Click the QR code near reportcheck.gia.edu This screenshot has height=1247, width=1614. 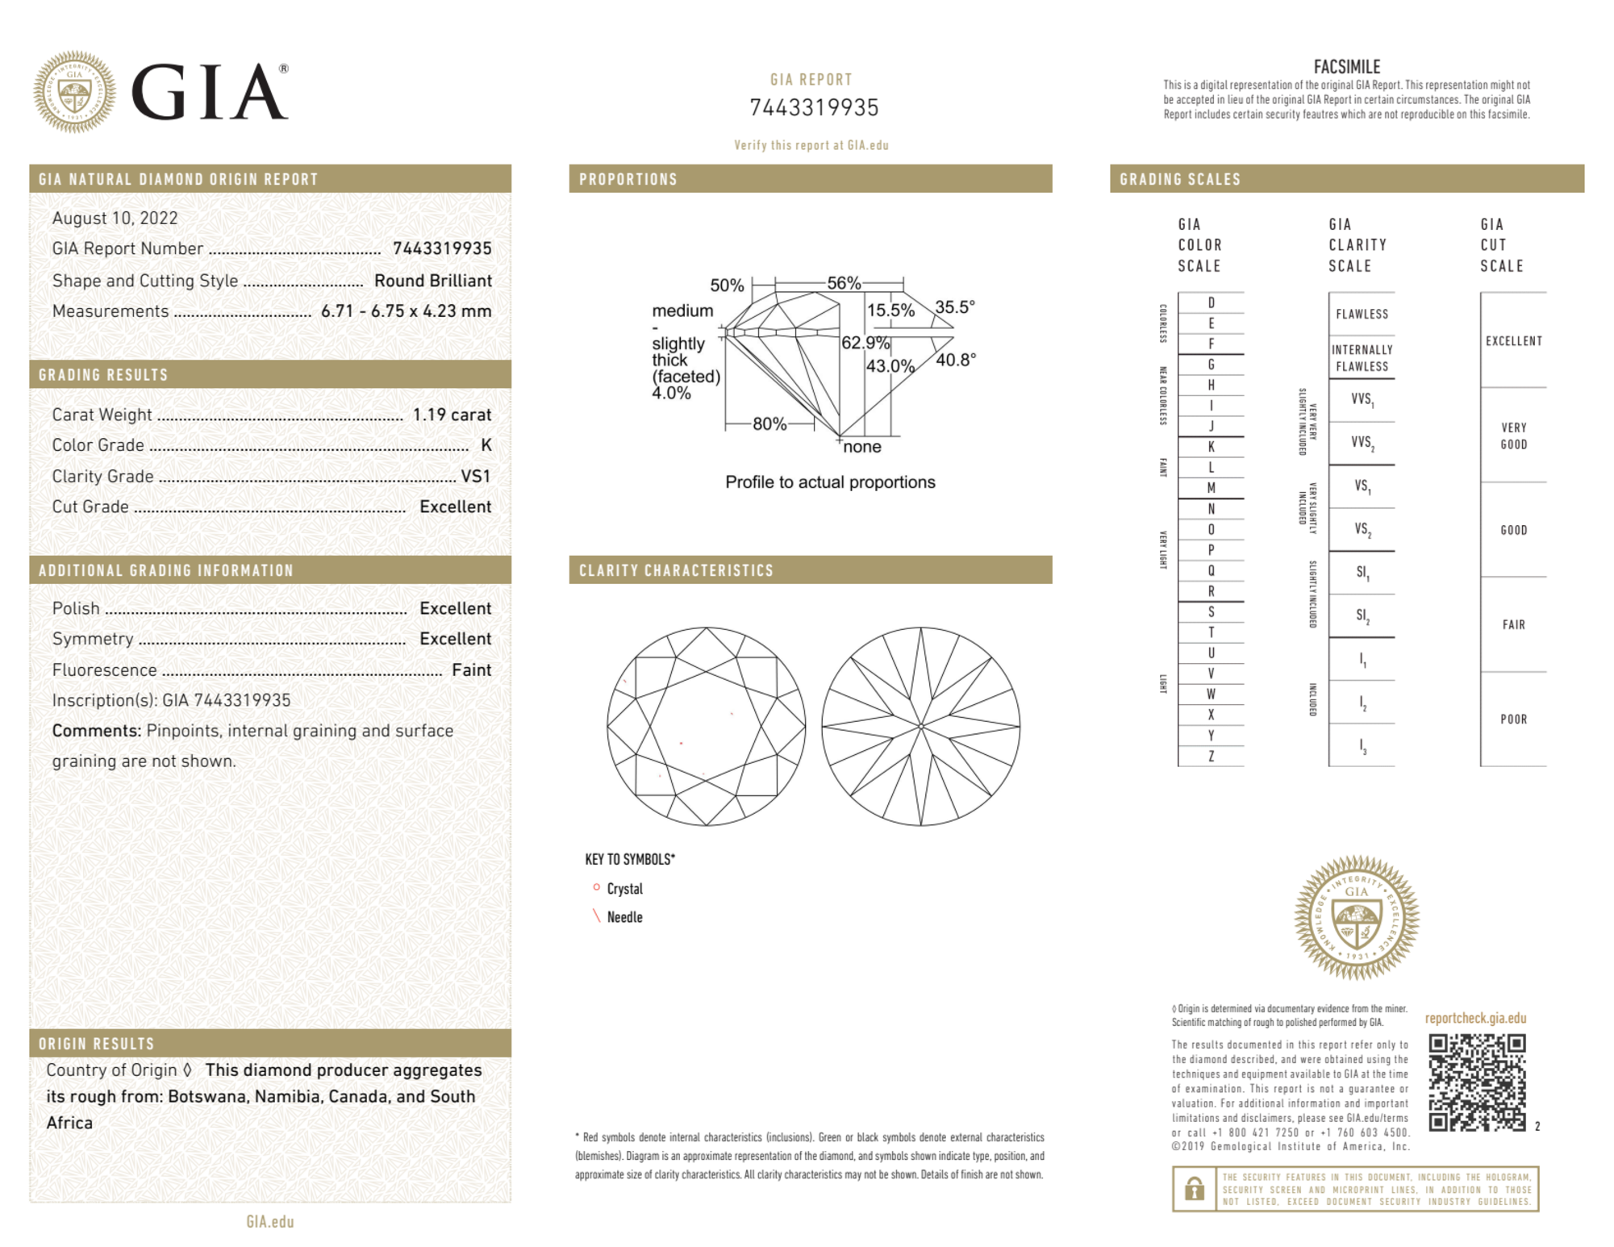click(x=1476, y=1082)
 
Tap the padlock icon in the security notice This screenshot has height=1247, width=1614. click(x=1194, y=1188)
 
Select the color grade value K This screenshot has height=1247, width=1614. click(x=486, y=445)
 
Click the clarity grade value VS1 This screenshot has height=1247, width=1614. click(x=475, y=476)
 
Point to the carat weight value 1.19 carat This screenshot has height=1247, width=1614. click(x=452, y=415)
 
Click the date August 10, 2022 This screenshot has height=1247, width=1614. click(x=115, y=218)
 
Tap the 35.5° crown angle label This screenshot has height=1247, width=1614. click(x=955, y=307)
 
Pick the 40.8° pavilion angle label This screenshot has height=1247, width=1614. click(x=956, y=360)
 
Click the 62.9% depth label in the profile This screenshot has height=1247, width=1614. click(x=865, y=343)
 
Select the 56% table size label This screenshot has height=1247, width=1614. click(x=844, y=283)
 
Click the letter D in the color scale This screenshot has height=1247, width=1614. click(x=1211, y=302)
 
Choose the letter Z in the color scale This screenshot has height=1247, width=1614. click(x=1211, y=756)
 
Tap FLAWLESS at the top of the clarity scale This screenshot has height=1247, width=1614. click(x=1362, y=314)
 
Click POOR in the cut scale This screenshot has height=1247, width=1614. click(x=1513, y=719)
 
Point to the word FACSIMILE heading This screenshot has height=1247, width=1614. click(x=1346, y=67)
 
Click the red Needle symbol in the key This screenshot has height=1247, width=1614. click(x=597, y=916)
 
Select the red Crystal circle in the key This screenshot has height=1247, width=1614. click(x=596, y=887)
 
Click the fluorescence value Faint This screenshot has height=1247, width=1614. click(x=471, y=669)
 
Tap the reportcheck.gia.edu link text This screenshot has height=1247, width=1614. click(x=1475, y=1018)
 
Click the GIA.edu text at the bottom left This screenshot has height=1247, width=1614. click(x=270, y=1221)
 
